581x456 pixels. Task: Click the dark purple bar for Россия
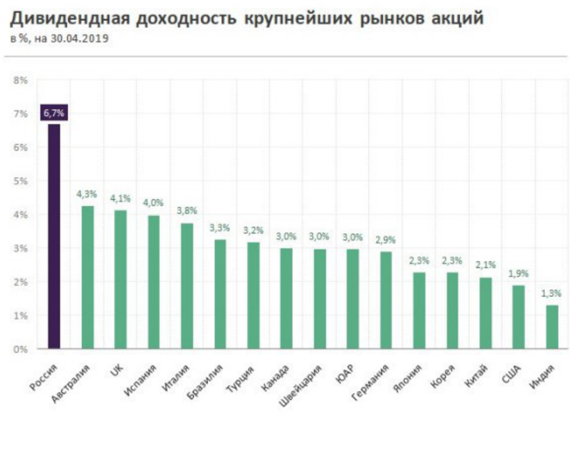(54, 237)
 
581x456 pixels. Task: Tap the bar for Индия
(551, 327)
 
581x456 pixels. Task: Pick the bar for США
(519, 317)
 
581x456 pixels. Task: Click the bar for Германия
(386, 300)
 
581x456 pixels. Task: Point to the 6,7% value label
(54, 113)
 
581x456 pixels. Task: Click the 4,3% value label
(87, 194)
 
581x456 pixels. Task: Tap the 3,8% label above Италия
(187, 211)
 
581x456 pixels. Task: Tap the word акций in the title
(452, 18)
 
